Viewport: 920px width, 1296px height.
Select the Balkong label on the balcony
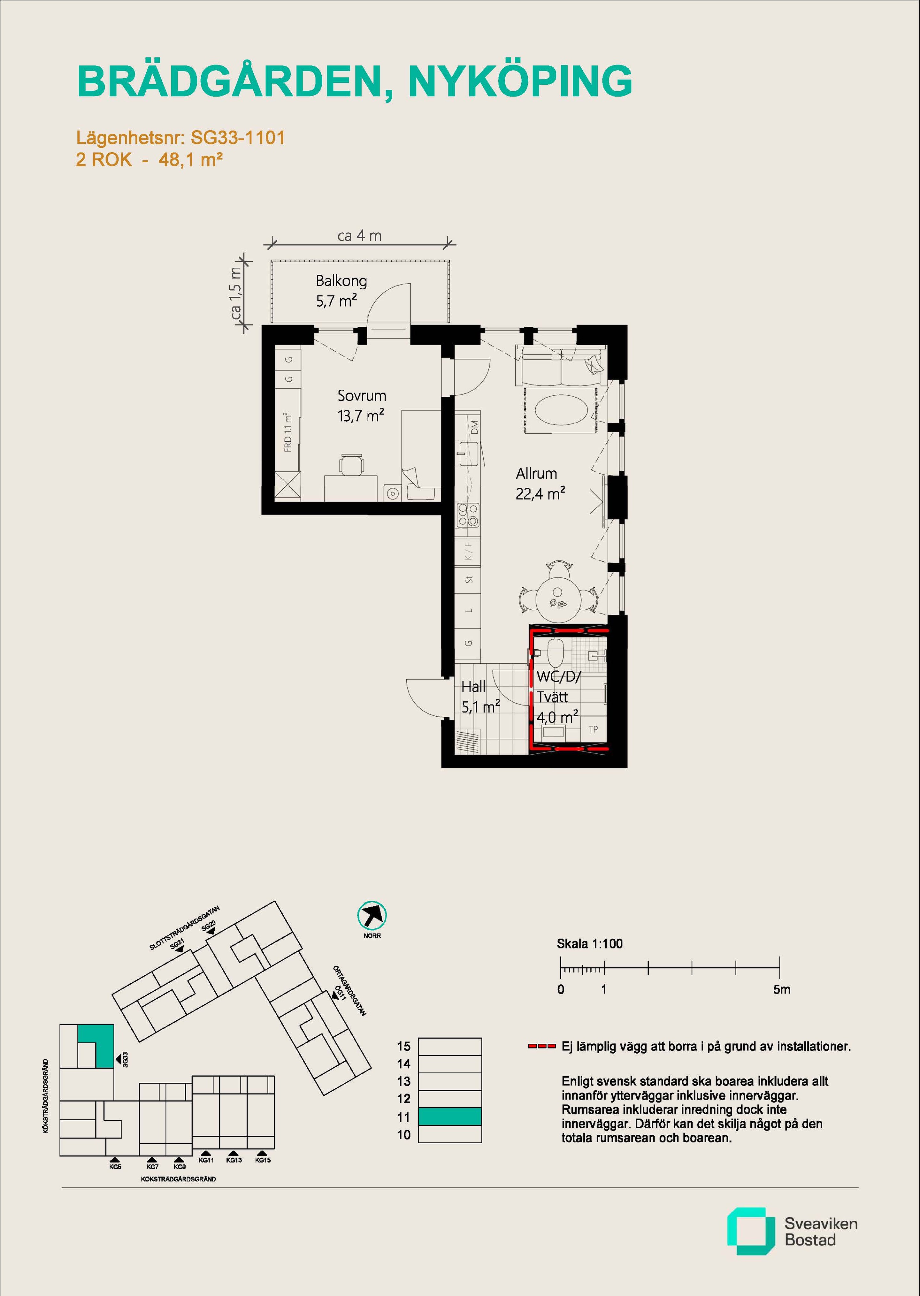(341, 281)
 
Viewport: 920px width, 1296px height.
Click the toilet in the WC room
(555, 653)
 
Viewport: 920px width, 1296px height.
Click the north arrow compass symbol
(372, 915)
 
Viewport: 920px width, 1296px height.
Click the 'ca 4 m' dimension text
(359, 236)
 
